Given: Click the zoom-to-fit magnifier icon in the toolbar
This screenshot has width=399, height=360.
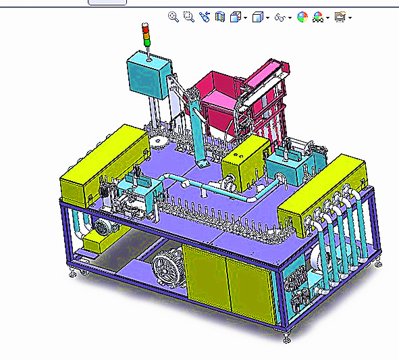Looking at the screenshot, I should click(x=173, y=17).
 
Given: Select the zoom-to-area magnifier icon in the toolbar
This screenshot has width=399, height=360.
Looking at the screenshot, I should click(x=189, y=17).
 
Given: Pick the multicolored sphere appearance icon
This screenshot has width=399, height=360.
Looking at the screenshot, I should click(x=302, y=18).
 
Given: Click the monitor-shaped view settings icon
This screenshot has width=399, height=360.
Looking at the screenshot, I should click(x=340, y=17).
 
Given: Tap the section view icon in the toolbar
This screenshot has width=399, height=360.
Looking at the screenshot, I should click(x=220, y=17).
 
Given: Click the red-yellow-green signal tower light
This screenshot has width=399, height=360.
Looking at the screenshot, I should click(x=146, y=35).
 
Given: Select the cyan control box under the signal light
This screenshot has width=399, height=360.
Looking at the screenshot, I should click(x=149, y=76).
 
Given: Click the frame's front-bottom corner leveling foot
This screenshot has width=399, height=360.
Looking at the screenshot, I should click(x=286, y=336).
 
